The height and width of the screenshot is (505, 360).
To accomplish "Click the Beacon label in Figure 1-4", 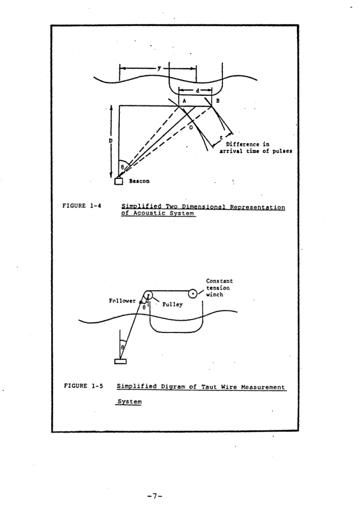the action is tap(139, 181).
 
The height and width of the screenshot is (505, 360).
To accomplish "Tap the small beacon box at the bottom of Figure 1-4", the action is tap(118, 181).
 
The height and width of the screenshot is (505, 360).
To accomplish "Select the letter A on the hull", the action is tap(185, 101).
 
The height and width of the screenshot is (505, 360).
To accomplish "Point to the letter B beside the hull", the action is tap(218, 101).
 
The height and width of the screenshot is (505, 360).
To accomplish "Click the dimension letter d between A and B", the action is tap(197, 91).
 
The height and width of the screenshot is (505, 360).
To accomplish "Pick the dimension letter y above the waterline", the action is tap(159, 68).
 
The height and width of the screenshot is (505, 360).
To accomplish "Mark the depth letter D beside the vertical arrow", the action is tap(110, 141).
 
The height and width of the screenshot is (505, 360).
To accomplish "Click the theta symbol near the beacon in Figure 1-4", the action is tap(122, 167).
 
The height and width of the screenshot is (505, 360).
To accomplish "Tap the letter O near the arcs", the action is tap(191, 128).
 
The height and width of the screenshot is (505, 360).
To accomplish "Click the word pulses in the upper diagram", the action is tap(282, 151).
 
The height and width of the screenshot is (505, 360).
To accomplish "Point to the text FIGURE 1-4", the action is tap(82, 205).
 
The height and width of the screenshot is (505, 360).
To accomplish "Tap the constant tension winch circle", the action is tap(193, 294).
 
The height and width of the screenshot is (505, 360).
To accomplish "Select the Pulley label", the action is tap(172, 305).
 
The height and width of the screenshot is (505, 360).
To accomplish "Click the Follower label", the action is tap(122, 301).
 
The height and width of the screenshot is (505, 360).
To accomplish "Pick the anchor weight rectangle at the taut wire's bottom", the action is tap(120, 361).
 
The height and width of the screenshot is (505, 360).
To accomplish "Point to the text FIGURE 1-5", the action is tap(83, 386).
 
